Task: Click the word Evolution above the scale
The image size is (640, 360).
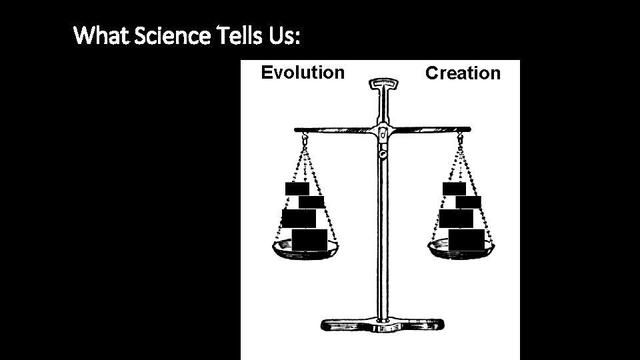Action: click(x=303, y=72)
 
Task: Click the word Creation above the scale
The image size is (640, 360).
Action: click(x=463, y=73)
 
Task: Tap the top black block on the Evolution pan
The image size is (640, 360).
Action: click(x=297, y=188)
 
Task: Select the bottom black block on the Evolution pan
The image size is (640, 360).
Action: click(x=309, y=239)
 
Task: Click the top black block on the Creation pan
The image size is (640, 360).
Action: click(x=454, y=188)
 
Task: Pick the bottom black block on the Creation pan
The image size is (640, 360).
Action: click(x=467, y=239)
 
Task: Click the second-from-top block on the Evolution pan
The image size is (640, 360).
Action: click(x=311, y=202)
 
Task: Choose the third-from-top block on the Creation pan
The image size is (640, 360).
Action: click(x=456, y=218)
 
